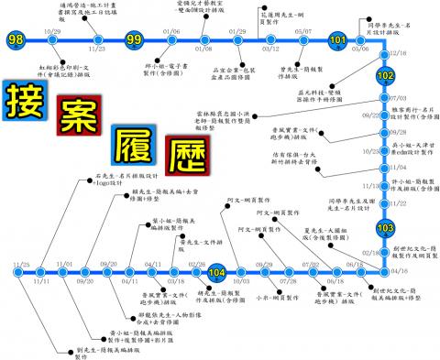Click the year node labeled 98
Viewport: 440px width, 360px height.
[15, 40]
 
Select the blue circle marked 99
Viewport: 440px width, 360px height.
[134, 40]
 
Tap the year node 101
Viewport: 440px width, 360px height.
[337, 40]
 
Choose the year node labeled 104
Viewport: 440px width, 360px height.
[216, 272]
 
